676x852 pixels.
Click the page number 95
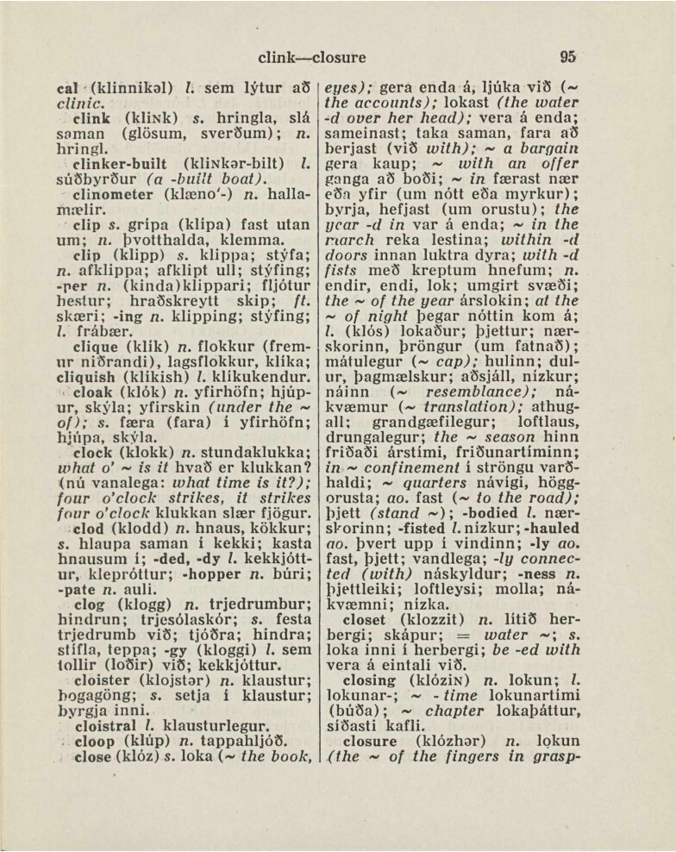pyautogui.click(x=566, y=58)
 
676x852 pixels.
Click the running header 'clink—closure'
pyautogui.click(x=312, y=59)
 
